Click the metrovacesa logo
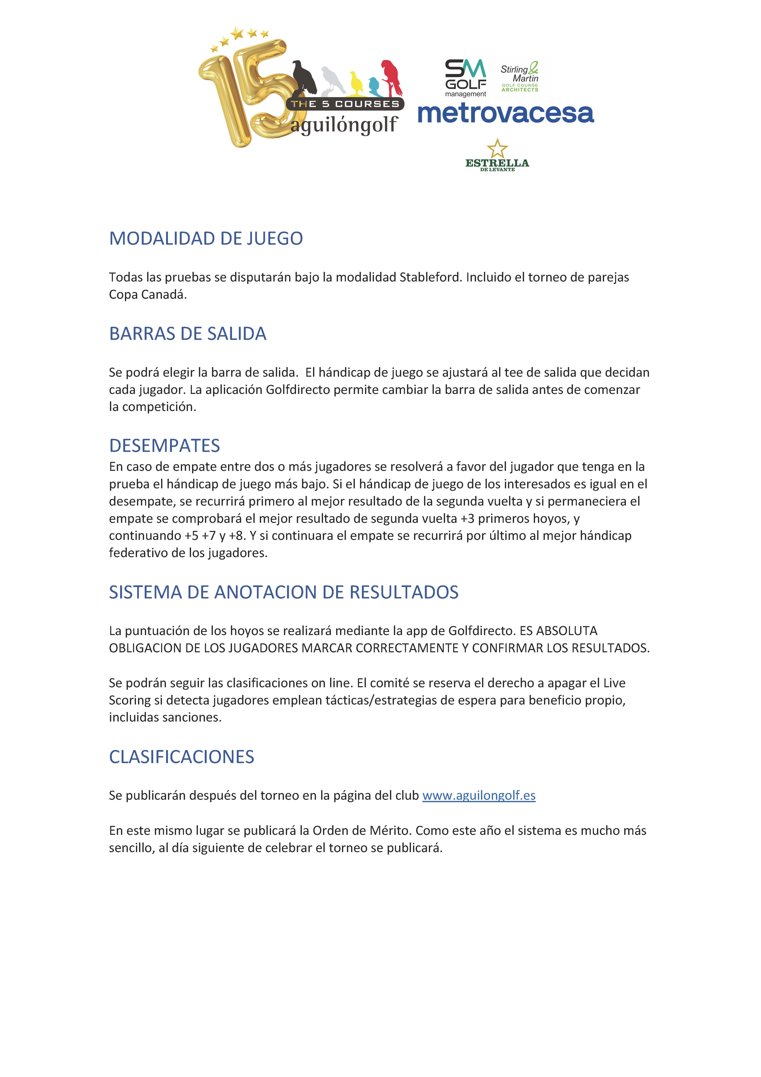[x=506, y=113]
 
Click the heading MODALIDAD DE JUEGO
[x=206, y=239]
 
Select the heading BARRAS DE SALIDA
[x=188, y=334]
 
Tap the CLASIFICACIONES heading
[x=181, y=757]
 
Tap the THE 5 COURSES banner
[x=345, y=104]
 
